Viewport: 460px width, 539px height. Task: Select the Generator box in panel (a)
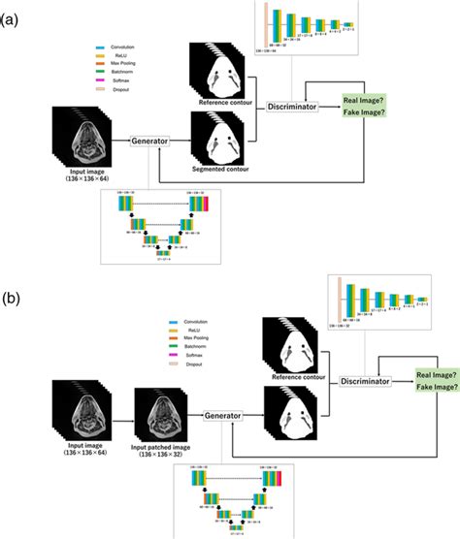[x=152, y=141]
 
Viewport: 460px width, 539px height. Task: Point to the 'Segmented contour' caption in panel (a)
[x=225, y=171]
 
